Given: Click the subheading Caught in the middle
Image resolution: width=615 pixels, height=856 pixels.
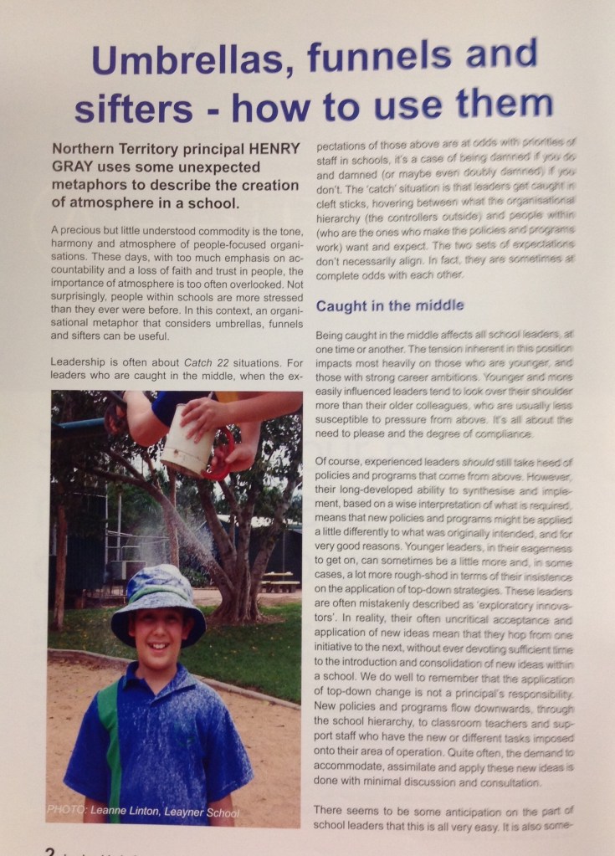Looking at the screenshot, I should click(389, 306).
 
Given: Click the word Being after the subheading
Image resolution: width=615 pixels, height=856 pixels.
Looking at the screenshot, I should click(335, 335).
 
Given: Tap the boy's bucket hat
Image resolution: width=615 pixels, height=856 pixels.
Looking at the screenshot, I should click(160, 595).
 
